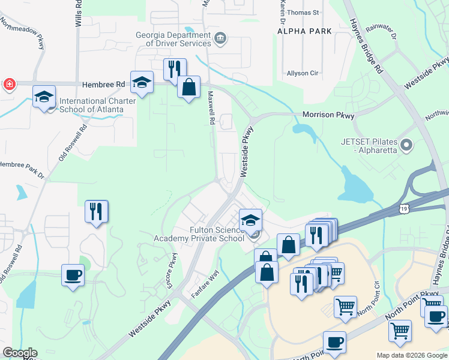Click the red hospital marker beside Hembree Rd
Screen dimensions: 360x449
9,84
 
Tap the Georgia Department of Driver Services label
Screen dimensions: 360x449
173,38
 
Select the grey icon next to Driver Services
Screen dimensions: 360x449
220,38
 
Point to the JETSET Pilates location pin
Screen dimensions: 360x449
406,145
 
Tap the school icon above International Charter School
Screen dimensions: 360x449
44,97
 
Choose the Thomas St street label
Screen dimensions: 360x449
303,12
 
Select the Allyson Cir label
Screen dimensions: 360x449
302,73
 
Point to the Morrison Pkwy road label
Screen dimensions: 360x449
328,115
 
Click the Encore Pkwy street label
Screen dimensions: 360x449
173,270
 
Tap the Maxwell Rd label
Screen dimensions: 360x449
211,108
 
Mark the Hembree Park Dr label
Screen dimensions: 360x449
22,166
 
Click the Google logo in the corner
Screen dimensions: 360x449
19,353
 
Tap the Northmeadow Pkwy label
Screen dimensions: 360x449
23,32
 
